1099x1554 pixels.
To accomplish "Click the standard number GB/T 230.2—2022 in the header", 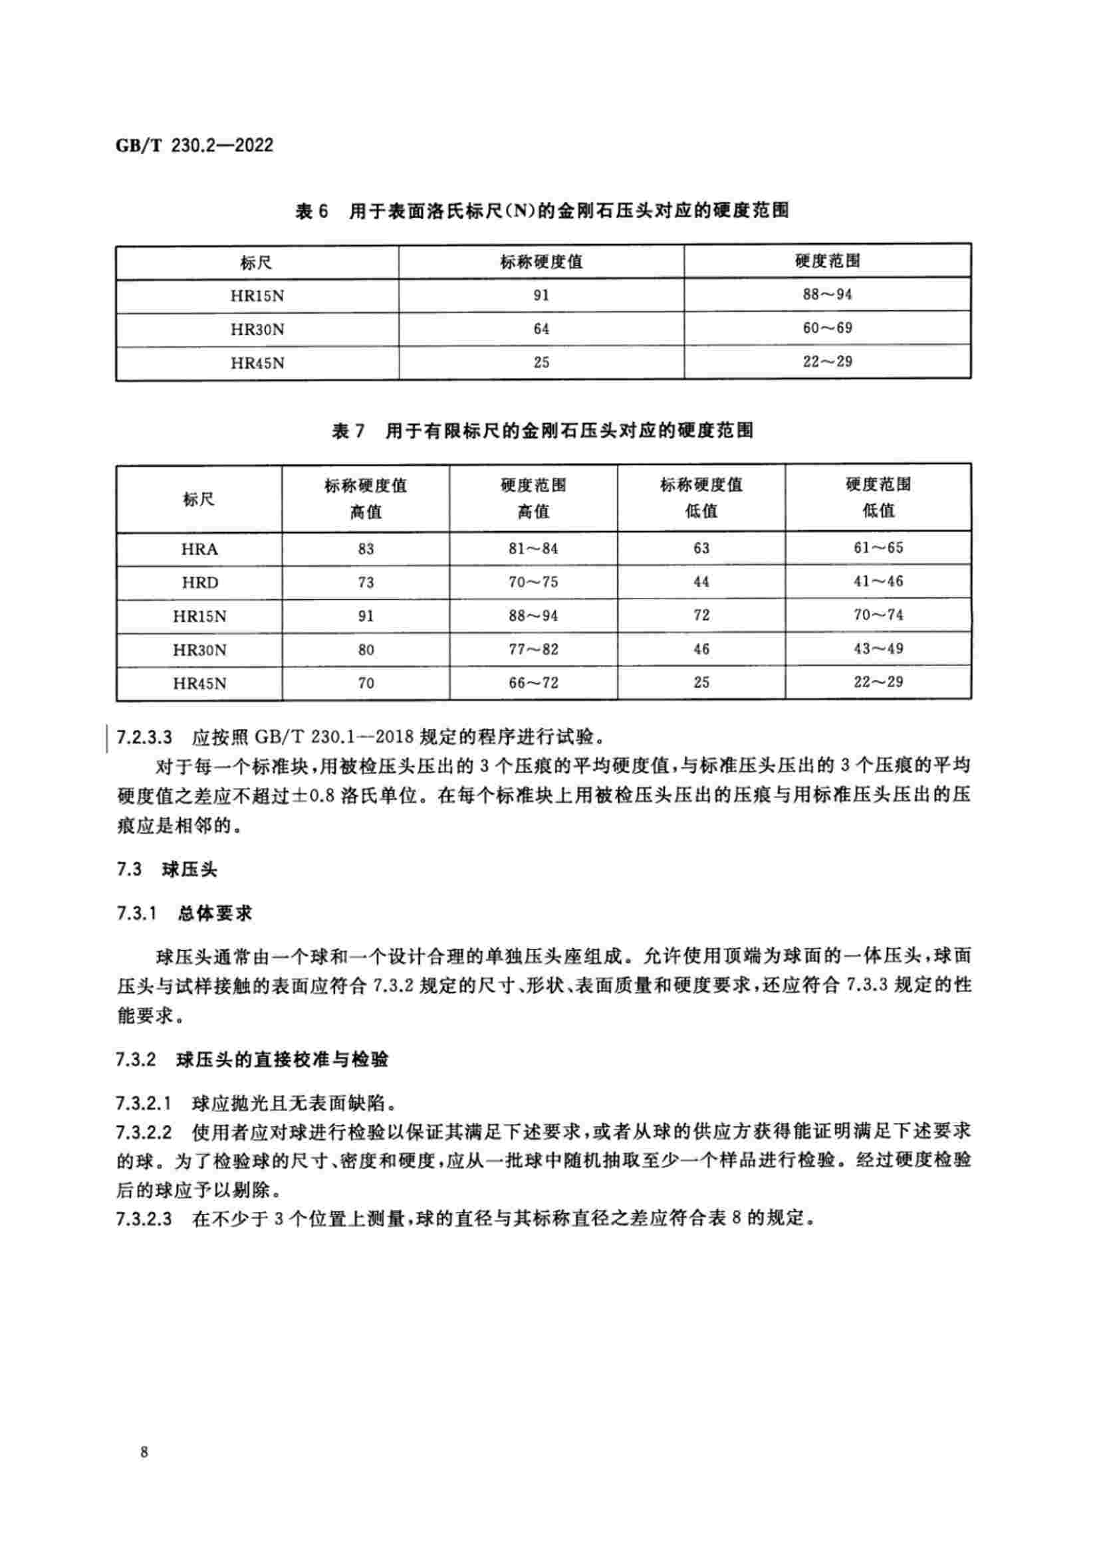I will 194,146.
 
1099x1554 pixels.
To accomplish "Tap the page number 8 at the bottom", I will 144,1451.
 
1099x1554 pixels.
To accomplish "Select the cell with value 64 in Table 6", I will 541,329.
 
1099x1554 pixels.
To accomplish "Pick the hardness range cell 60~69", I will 827,328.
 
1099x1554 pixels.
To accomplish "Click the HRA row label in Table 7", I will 199,549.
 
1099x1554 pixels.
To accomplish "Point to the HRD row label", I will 199,582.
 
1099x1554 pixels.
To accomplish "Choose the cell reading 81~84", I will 533,548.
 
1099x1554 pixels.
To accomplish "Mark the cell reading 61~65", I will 878,547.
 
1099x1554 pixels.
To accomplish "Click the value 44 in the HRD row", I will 701,581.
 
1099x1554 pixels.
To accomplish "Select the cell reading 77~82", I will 533,649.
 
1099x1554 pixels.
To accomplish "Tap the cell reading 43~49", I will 878,648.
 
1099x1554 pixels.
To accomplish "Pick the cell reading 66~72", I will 533,683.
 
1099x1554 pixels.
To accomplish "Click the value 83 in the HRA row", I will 366,549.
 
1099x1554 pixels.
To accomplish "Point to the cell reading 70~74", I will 878,615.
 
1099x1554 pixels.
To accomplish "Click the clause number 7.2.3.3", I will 144,736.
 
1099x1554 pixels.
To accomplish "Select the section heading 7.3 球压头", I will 167,870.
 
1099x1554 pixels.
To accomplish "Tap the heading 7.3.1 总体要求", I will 184,914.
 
